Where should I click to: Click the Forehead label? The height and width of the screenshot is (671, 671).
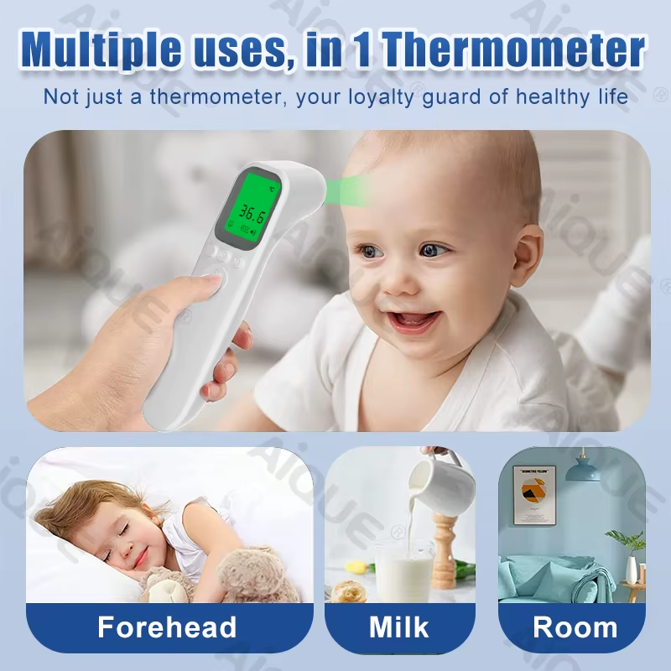click(x=167, y=627)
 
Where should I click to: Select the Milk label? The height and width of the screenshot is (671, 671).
click(x=398, y=627)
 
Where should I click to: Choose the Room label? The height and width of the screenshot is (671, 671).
click(x=575, y=627)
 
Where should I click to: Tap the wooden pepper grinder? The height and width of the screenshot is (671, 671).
click(x=444, y=546)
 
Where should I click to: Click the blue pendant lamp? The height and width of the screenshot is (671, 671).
click(x=583, y=469)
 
